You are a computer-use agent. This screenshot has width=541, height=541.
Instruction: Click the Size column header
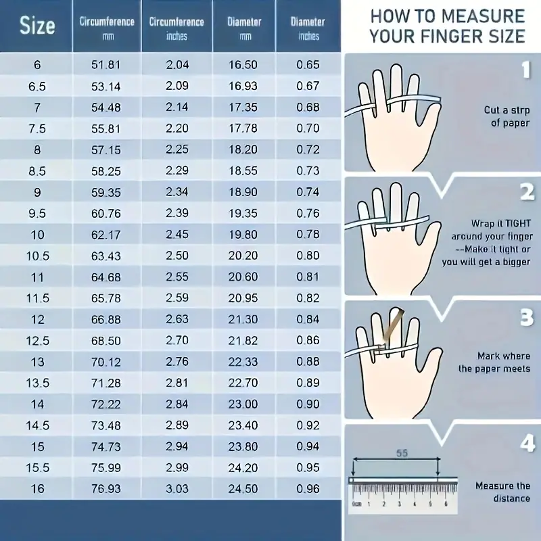(37, 26)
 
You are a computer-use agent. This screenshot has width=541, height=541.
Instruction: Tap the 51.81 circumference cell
(106, 65)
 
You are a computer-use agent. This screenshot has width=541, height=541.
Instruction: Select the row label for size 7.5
(37, 128)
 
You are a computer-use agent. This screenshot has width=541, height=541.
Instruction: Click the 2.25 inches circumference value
(177, 149)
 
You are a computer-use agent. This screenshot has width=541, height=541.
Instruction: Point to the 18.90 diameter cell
(243, 192)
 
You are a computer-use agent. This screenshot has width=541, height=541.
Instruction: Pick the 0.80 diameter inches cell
(308, 256)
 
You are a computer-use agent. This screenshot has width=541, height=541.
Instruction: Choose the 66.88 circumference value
(106, 319)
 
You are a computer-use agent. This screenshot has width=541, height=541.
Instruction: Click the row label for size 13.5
(38, 383)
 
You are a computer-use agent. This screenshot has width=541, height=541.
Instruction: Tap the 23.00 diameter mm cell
(243, 404)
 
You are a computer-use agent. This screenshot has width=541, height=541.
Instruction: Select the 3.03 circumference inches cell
(177, 489)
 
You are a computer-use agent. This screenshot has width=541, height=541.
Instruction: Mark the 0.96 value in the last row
(308, 489)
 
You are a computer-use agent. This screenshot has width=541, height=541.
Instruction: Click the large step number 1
(526, 70)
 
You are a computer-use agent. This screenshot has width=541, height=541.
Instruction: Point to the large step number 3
(527, 317)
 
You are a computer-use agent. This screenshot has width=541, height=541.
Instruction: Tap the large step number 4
(527, 443)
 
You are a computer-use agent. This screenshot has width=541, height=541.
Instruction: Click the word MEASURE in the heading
(483, 16)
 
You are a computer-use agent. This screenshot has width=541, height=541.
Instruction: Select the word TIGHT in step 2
(517, 224)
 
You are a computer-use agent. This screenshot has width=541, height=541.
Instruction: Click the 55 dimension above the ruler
(402, 453)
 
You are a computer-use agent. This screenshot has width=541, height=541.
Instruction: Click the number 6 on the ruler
(446, 504)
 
